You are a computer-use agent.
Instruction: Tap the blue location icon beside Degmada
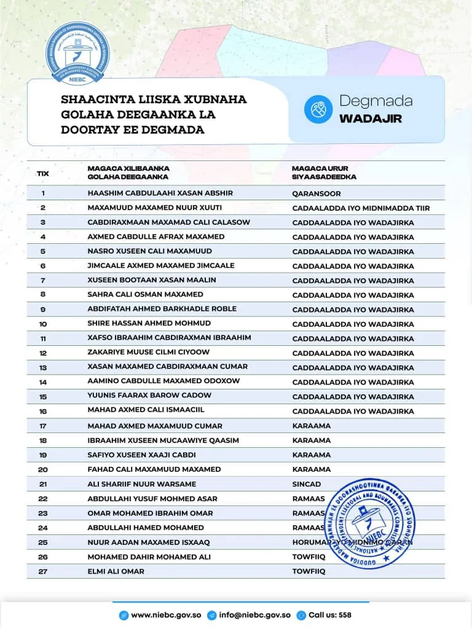point(318,109)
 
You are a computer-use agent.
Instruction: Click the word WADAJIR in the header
point(370,118)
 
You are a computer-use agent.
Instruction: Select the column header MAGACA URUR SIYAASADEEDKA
point(324,173)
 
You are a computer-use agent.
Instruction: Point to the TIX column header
point(43,173)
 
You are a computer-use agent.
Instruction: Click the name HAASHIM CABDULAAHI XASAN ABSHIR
point(160,193)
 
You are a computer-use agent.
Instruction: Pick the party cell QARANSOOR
point(317,193)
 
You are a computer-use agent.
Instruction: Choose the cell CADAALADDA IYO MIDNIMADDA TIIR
point(361,208)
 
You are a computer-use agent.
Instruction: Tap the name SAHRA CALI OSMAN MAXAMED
point(145,294)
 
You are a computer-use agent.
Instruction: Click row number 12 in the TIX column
point(43,353)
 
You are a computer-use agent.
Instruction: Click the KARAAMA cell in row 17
point(311,426)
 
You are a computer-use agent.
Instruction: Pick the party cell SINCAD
point(307,484)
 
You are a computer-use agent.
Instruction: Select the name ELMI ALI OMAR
point(116,571)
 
